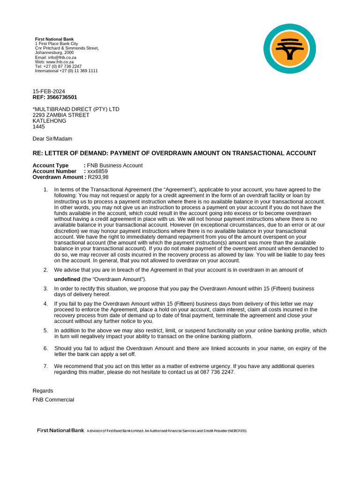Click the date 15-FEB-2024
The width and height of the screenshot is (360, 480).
[49, 91]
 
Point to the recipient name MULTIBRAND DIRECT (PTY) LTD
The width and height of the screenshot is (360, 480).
[77, 109]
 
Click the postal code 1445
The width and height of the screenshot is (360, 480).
[38, 127]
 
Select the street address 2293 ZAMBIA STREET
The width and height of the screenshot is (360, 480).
[61, 115]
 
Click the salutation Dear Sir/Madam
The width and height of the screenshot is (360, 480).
[52, 139]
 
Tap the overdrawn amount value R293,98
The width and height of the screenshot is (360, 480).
[98, 177]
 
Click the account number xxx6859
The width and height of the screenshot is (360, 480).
[97, 172]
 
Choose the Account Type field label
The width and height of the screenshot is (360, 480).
[51, 165]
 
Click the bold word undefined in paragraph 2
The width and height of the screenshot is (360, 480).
[67, 279]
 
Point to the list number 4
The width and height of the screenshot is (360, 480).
[45, 304]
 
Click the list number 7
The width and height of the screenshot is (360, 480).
[45, 366]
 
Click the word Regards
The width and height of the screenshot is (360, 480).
[43, 391]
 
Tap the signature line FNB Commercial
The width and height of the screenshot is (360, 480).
[53, 400]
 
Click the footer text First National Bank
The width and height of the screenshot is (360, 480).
[60, 430]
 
